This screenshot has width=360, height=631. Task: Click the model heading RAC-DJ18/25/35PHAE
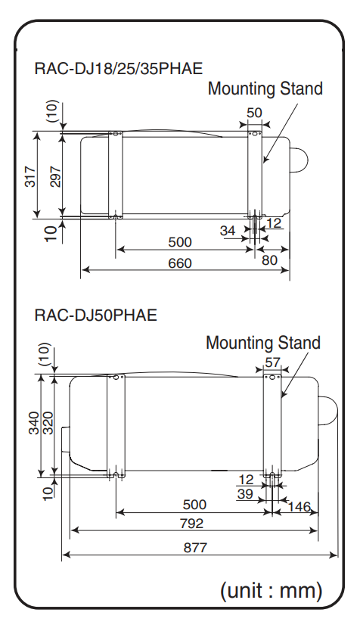[119, 68]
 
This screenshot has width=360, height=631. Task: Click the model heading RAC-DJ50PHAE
[95, 315]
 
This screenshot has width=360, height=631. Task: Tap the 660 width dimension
[180, 263]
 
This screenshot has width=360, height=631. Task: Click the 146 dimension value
[299, 506]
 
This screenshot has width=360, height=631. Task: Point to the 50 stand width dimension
[254, 113]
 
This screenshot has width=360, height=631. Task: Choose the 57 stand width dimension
[272, 363]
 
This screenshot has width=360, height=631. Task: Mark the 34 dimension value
[228, 231]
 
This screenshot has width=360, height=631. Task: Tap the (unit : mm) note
[271, 590]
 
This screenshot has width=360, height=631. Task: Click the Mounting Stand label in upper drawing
[265, 89]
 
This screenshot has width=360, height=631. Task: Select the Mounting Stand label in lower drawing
[262, 343]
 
